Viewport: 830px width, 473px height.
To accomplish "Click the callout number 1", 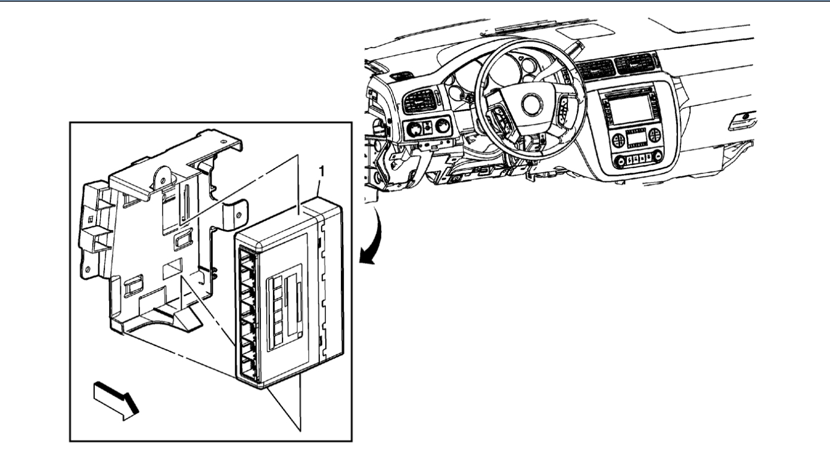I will click(x=322, y=171).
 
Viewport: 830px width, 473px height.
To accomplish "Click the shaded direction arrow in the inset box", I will click(x=116, y=401).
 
